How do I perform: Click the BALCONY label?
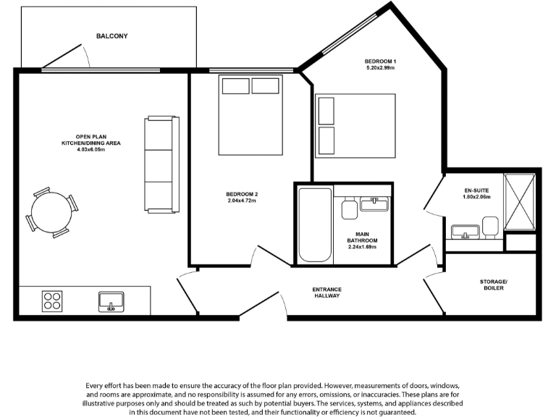coord(111,35)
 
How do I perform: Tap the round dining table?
coord(51,212)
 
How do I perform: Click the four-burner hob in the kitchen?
coord(52,300)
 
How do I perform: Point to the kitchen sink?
coord(111,300)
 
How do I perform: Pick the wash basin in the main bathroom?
coord(374,203)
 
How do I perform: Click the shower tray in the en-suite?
coord(519,201)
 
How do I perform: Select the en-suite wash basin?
coord(464,232)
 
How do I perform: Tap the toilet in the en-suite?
coord(491,227)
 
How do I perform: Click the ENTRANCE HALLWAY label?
coord(327,292)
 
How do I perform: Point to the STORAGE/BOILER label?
coord(493,285)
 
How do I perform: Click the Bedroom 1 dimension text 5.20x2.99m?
coord(380,67)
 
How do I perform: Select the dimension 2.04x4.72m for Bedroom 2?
coord(242,201)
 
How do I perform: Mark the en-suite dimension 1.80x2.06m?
coord(477,197)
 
